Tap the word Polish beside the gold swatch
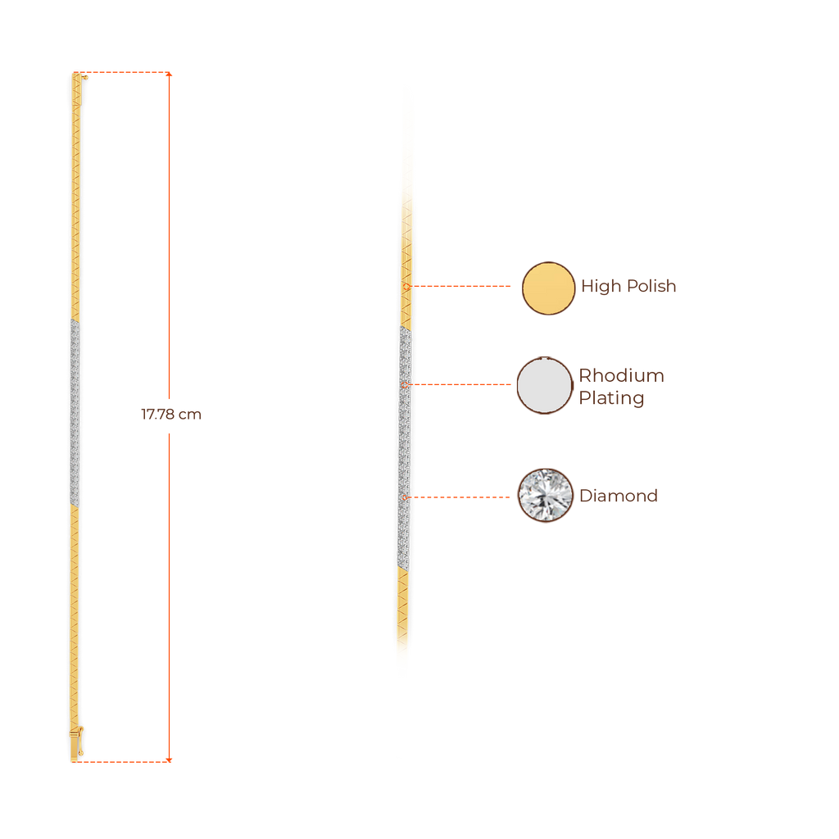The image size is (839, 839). coord(651,287)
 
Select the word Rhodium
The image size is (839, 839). coord(621,376)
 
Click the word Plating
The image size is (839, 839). coord(611,398)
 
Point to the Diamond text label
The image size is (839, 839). coord(619,497)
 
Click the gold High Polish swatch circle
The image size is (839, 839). coord(548,288)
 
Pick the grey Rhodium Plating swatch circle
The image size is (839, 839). coord(544,385)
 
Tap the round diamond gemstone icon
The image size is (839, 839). coord(545,495)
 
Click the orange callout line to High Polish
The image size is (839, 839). coord(463,287)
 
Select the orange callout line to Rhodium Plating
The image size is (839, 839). coord(463,384)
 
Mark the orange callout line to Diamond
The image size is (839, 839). coord(463,497)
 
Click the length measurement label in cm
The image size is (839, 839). coord(170,415)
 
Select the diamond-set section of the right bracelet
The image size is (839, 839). coord(404,447)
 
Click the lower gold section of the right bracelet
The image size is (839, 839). coord(402,623)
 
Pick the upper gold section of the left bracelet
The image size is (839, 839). coord(75,197)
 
